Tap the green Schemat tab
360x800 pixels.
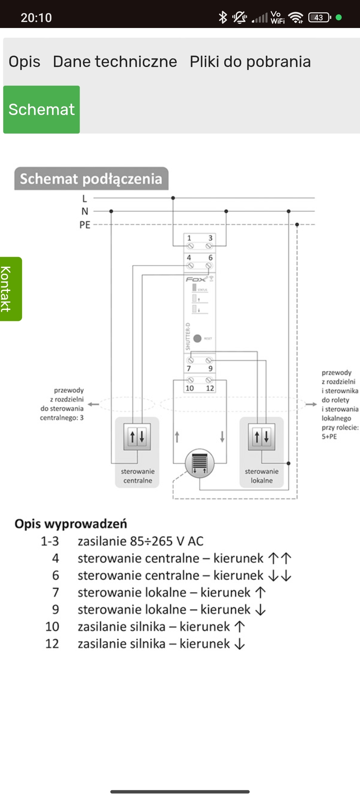click(x=42, y=109)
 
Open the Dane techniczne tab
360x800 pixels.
click(x=115, y=62)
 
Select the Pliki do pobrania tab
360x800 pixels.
click(x=250, y=62)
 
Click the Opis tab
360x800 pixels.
click(x=24, y=62)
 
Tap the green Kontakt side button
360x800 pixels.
click(x=11, y=289)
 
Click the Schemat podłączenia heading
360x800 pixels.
click(x=91, y=179)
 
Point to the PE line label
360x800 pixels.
click(x=85, y=225)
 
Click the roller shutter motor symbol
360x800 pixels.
click(x=200, y=463)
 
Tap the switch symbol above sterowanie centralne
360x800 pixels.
click(x=137, y=437)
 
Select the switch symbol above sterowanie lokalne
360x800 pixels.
click(x=262, y=437)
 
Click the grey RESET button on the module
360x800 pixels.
click(x=197, y=338)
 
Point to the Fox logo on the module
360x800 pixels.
click(x=196, y=279)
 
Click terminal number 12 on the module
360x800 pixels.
click(x=210, y=388)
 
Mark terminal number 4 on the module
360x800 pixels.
click(x=189, y=258)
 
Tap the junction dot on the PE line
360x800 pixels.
click(x=297, y=224)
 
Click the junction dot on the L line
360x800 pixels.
click(x=173, y=198)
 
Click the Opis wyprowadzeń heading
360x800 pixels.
click(x=71, y=524)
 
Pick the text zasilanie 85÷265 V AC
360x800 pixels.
click(x=140, y=541)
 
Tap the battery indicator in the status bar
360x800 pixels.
click(x=319, y=17)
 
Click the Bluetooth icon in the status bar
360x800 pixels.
click(x=223, y=17)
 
